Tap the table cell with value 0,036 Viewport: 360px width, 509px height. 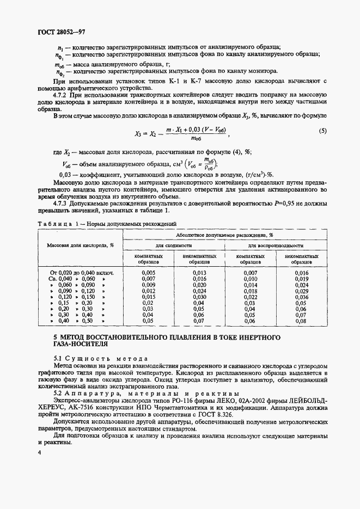coord(301,297)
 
